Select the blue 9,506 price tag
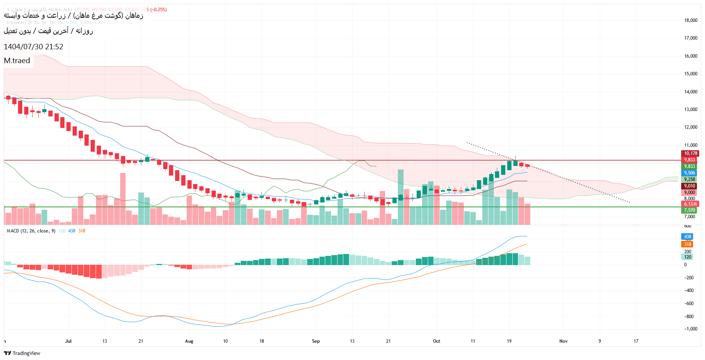[689, 173]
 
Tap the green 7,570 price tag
[689, 210]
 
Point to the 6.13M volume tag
[690, 204]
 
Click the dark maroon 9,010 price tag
[689, 186]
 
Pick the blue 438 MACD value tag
[687, 237]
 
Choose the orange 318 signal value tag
[687, 244]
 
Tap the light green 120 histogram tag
[687, 257]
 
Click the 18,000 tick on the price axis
[690, 20]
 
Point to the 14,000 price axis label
[690, 92]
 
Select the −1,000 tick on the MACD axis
[690, 329]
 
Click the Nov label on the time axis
[563, 341]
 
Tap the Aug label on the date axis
[189, 341]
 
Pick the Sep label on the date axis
[316, 341]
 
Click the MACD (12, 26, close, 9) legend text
[31, 231]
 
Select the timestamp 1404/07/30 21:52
[33, 47]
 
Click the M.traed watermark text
[17, 61]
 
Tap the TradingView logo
[22, 353]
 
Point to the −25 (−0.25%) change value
[154, 10]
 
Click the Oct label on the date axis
[437, 341]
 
